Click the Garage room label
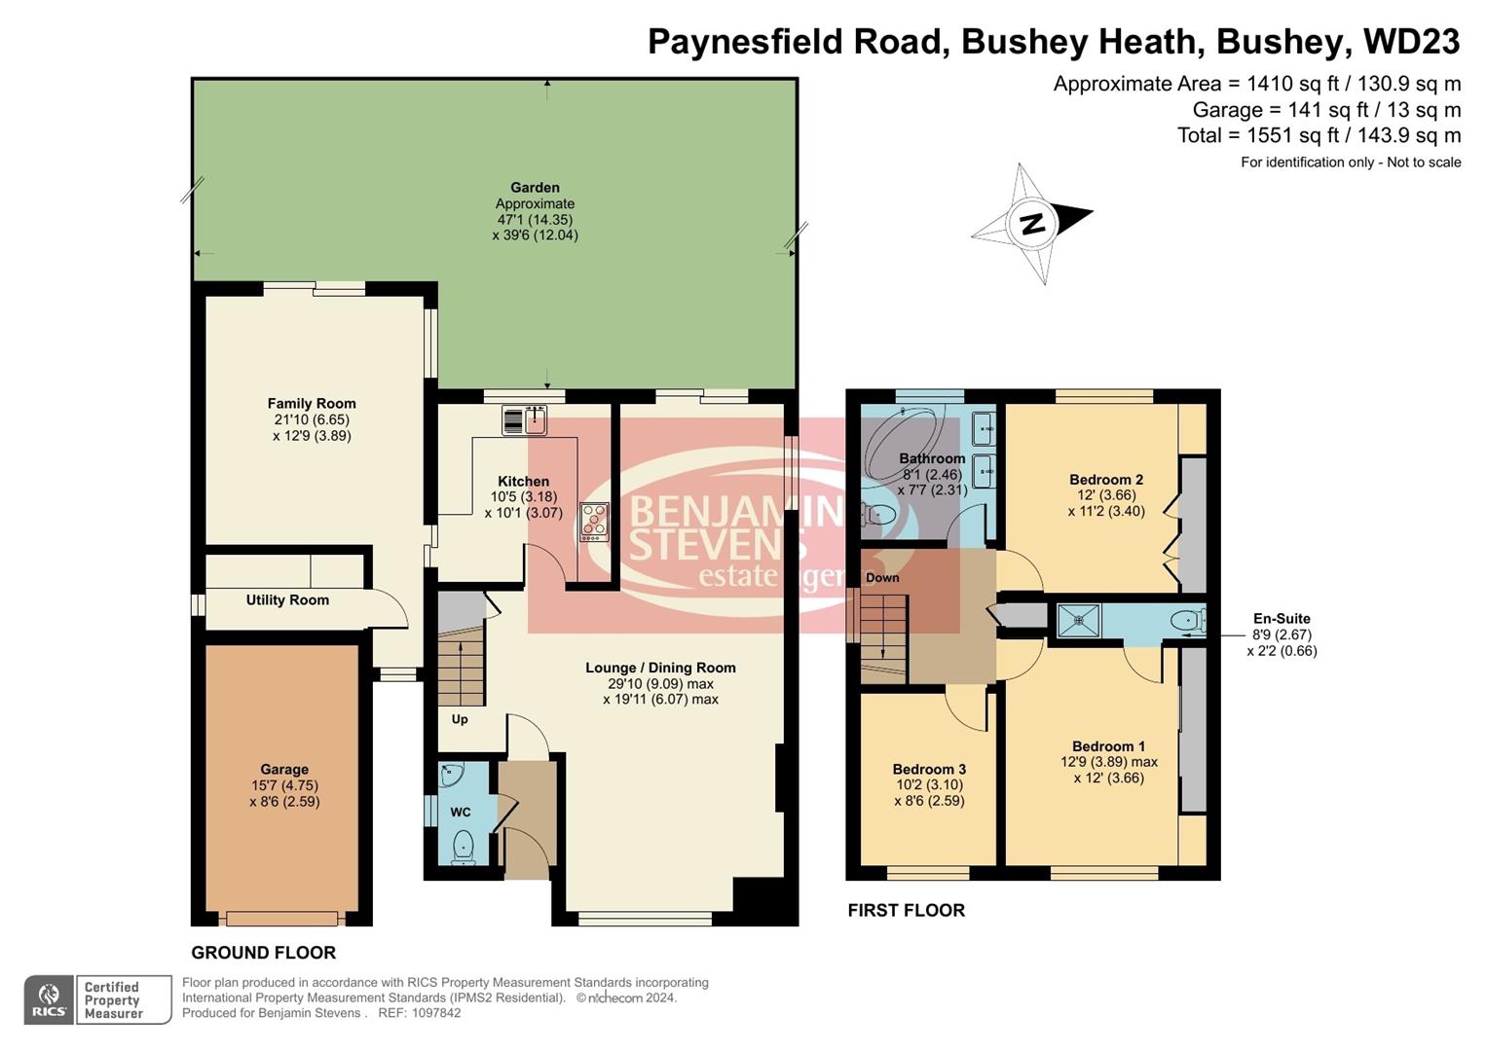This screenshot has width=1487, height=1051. (x=283, y=769)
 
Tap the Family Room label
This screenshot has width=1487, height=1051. (x=312, y=403)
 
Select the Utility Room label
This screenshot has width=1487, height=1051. (x=287, y=600)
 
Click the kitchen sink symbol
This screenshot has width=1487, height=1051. (x=525, y=420)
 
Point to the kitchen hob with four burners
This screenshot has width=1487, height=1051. (x=594, y=522)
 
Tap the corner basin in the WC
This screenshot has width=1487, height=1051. (x=451, y=776)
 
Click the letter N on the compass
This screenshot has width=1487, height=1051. (x=1032, y=224)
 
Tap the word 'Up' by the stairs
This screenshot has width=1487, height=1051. (x=460, y=719)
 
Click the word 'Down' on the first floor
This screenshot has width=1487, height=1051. (x=882, y=578)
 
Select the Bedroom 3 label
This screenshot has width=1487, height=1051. (x=929, y=769)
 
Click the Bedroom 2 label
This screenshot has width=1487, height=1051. (x=1106, y=479)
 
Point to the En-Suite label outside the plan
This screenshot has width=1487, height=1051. (x=1282, y=618)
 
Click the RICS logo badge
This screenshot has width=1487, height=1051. (x=50, y=999)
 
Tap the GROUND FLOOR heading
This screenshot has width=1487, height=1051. (x=263, y=953)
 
